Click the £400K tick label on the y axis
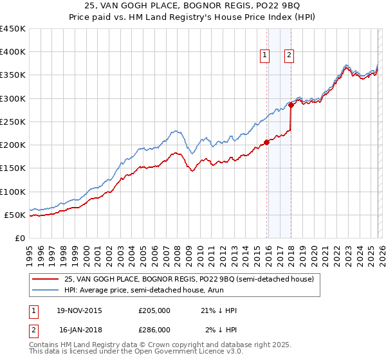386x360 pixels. point(12,52)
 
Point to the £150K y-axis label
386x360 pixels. point(12,168)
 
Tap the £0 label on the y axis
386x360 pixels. point(20,238)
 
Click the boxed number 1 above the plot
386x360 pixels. point(265,56)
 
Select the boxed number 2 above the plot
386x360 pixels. point(289,56)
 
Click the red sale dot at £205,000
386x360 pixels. point(266,143)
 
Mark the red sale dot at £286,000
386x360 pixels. point(291,105)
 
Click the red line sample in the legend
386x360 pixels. point(45,279)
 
